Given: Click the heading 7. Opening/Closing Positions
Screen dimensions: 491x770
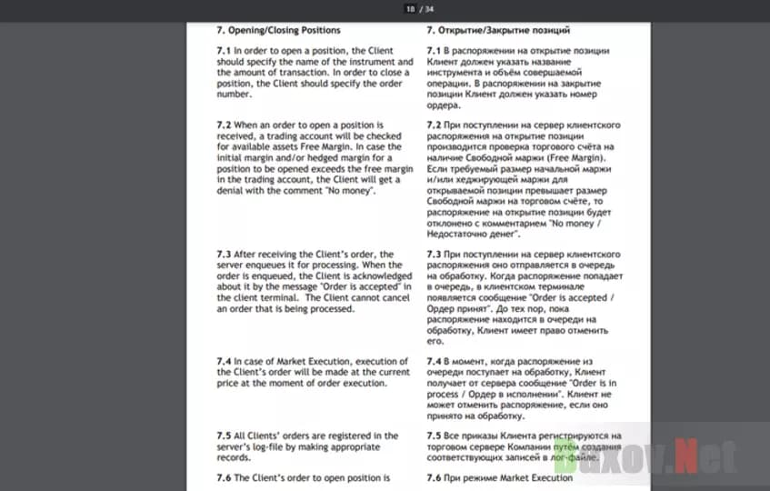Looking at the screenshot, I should point(278,30).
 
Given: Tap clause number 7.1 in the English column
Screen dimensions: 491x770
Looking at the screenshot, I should point(224,50).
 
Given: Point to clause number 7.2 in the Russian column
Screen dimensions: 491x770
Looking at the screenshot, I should point(435,123).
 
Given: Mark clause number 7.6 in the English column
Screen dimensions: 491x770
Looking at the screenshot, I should point(224,477).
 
